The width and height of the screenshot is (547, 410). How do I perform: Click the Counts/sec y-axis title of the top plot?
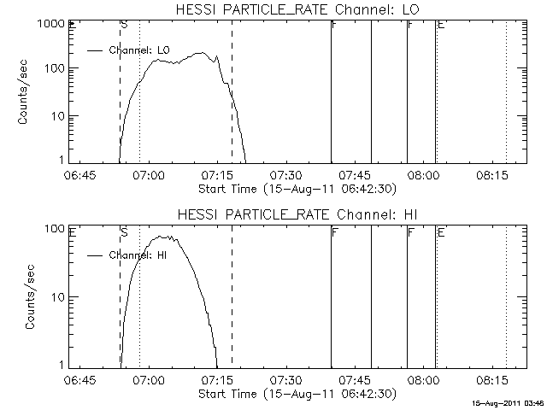pyautogui.click(x=26, y=92)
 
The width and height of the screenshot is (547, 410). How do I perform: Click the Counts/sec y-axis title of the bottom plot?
pyautogui.click(x=31, y=296)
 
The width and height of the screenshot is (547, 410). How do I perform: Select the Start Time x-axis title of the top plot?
pyautogui.click(x=296, y=187)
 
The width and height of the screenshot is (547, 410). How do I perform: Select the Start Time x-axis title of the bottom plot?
pyautogui.click(x=296, y=393)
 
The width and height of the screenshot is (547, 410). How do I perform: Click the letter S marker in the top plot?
pyautogui.click(x=125, y=25)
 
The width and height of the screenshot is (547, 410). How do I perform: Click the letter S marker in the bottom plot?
pyautogui.click(x=125, y=231)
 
